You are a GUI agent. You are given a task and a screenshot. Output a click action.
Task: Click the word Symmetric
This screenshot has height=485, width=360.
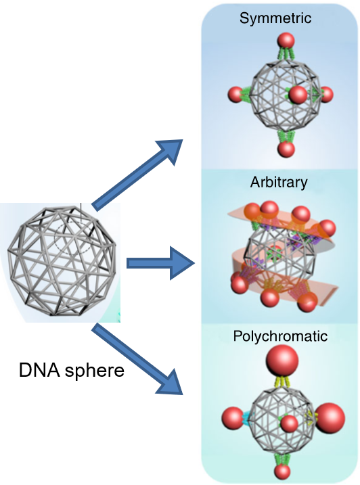pos(275,18)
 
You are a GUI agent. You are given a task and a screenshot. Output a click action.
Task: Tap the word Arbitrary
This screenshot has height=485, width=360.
pos(279,183)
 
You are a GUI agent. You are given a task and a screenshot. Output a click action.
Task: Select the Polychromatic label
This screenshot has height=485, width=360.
pos(280,337)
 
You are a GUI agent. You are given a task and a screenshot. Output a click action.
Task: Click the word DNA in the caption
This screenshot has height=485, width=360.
pos(39,370)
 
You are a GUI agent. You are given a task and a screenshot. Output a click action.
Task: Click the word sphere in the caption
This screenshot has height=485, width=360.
pos(94,371)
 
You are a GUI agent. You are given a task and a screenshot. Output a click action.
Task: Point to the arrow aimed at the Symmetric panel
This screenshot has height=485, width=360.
pos(137,175)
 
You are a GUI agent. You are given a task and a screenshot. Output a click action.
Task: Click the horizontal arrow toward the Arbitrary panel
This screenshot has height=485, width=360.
pos(160,264)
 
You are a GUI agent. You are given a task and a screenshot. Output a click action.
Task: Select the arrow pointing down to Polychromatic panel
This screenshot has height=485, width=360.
pos(137,359)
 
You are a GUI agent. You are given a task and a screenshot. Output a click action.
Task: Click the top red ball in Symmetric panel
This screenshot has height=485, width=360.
pos(286,41)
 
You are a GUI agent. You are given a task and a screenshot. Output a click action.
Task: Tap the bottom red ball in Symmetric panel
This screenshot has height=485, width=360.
pos(286,149)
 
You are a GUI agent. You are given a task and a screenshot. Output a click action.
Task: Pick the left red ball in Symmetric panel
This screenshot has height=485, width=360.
pos(236,95)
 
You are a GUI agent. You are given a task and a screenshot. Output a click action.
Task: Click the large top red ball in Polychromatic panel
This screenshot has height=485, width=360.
pos(282,361)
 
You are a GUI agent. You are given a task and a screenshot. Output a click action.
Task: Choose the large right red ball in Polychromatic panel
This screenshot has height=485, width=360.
pos(330,417)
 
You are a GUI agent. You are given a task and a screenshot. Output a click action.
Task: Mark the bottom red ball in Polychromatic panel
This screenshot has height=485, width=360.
pos(282,471)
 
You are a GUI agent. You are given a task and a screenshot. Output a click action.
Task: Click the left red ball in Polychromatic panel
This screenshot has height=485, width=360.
pos(233,418)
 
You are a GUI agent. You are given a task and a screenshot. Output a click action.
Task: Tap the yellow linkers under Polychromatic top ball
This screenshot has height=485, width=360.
pos(282,382)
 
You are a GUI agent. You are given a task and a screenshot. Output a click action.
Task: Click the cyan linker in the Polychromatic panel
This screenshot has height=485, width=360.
pos(248,417)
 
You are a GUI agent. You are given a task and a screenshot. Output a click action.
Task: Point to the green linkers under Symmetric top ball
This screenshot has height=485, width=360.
pos(286,54)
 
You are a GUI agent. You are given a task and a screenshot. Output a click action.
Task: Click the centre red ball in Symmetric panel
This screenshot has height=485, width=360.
pos(298,95)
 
